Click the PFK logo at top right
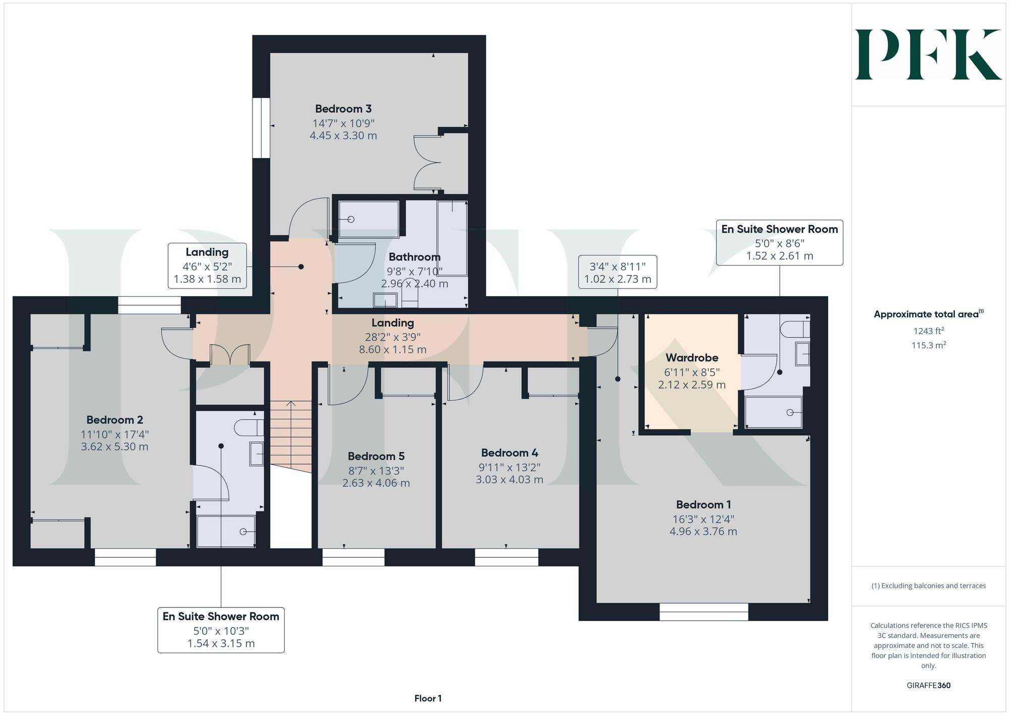click(x=928, y=55)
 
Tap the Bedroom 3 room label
click(x=343, y=109)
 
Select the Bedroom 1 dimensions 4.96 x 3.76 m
click(x=703, y=532)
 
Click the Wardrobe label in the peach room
click(x=691, y=358)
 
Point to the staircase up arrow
click(x=291, y=404)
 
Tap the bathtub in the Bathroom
click(x=452, y=237)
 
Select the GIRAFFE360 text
click(x=928, y=685)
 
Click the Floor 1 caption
click(x=428, y=698)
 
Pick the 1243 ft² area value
click(x=928, y=331)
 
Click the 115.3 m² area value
click(x=928, y=346)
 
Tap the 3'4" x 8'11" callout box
click(x=618, y=272)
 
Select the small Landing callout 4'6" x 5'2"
click(x=207, y=266)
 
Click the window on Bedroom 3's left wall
click(x=261, y=128)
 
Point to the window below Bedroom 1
click(x=703, y=612)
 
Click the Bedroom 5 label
click(x=376, y=456)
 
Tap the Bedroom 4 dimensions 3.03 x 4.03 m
click(x=509, y=480)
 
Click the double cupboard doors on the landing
click(x=230, y=354)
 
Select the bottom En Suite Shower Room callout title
click(x=221, y=616)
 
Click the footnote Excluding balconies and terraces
click(x=928, y=586)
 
